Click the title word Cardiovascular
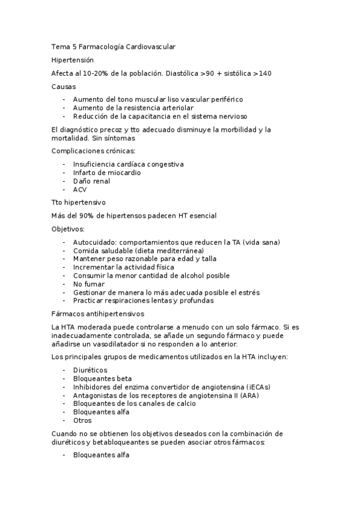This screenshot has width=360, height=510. point(151,46)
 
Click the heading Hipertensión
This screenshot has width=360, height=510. point(72,60)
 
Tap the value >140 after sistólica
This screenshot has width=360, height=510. point(262,74)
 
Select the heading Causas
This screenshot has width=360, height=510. point(64,87)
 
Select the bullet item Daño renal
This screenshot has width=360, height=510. point(91,181)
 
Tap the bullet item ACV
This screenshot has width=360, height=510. point(79,189)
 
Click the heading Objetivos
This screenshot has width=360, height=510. point(69,229)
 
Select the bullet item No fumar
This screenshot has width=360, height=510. point(88,284)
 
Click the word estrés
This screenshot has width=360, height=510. point(248,292)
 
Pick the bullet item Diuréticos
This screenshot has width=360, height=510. point(90,370)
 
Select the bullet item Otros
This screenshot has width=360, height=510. point(83,421)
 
